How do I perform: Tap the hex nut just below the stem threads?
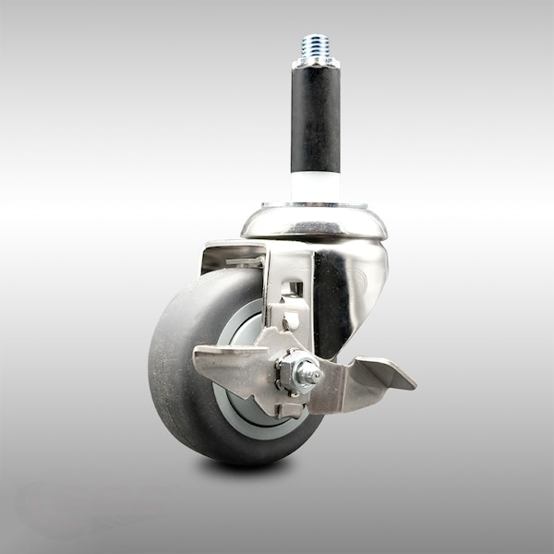click(x=315, y=62)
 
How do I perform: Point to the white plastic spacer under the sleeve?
click(x=315, y=187)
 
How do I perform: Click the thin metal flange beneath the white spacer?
click(x=315, y=205)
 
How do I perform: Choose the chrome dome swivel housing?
click(x=314, y=224)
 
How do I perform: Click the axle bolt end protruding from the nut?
click(x=315, y=376)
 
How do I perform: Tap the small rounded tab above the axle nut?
click(x=288, y=319)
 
